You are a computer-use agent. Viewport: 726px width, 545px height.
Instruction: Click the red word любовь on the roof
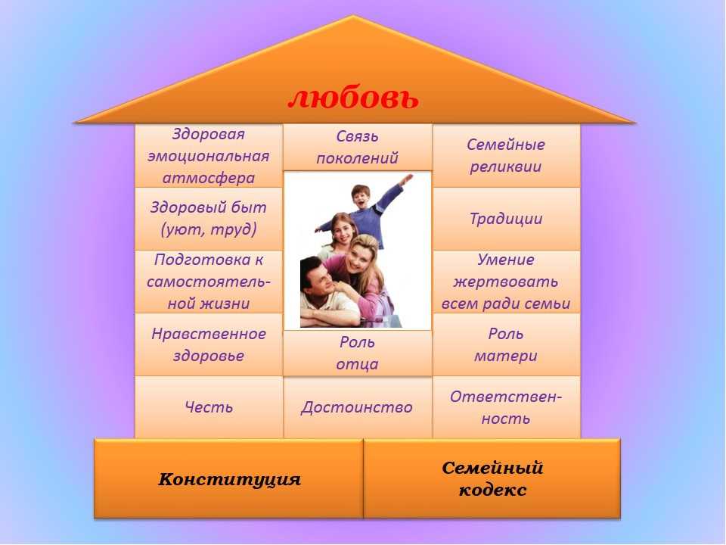tap(353, 98)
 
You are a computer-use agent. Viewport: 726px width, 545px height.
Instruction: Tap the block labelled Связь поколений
tap(358, 148)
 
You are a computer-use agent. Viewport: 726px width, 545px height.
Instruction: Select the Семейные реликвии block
tap(506, 156)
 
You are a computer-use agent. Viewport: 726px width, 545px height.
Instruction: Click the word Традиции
tap(506, 218)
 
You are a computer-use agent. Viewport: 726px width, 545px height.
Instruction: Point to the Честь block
tap(209, 407)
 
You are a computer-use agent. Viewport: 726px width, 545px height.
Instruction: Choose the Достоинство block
tap(358, 407)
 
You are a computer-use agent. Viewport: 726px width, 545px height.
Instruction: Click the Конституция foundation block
tap(228, 478)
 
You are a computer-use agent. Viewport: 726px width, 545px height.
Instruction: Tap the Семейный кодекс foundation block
tap(492, 478)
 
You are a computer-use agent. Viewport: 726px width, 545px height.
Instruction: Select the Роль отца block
tap(358, 353)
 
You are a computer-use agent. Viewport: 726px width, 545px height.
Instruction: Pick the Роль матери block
tap(506, 344)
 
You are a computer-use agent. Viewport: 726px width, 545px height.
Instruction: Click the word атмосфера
tap(209, 178)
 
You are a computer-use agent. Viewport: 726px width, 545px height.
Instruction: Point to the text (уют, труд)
tap(209, 229)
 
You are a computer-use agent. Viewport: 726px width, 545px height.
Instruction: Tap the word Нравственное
tap(209, 334)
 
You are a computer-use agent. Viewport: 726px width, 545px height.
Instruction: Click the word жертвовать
tap(506, 282)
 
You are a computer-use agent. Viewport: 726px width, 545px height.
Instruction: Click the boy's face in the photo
tap(360, 197)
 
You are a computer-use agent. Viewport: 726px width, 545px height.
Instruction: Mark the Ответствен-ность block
tap(506, 407)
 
